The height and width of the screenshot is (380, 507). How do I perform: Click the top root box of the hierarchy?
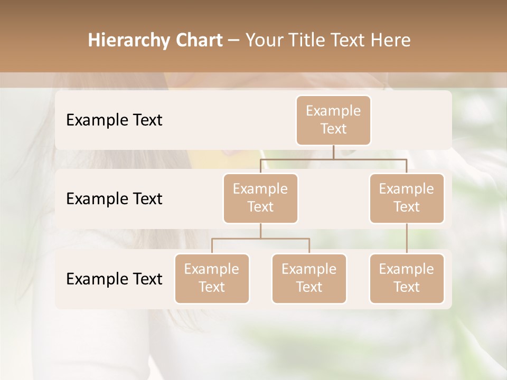333,120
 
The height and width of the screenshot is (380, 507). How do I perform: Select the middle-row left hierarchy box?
260,198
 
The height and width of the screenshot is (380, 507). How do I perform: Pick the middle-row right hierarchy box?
407,198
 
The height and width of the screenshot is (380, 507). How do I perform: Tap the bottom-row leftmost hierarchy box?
212,278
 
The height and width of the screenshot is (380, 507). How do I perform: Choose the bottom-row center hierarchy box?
309,278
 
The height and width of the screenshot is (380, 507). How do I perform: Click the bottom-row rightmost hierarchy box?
407,278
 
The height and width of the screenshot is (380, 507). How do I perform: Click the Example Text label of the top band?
114,120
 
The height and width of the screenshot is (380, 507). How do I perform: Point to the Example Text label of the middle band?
114,199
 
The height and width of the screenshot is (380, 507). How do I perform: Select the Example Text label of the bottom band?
114,279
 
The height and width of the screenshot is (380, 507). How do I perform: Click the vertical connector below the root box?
333,152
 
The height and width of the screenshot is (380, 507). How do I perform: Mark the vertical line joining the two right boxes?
407,239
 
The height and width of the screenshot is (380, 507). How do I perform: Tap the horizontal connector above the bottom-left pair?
260,239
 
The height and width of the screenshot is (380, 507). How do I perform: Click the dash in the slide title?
233,41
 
